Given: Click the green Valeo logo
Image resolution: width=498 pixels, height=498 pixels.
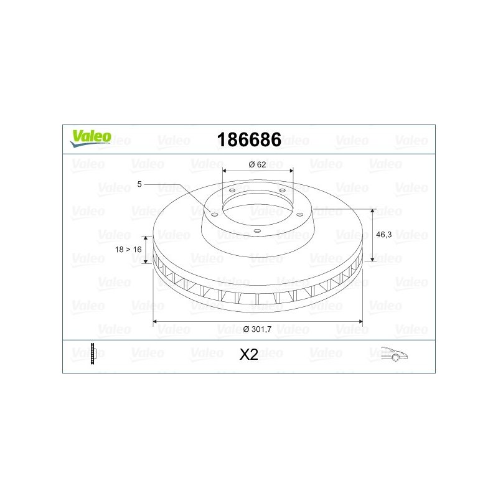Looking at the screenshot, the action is click(x=90, y=138).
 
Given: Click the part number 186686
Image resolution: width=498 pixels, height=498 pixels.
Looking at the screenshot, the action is click(x=249, y=139).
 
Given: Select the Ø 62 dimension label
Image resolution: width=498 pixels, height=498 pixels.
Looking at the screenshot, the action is click(x=257, y=164).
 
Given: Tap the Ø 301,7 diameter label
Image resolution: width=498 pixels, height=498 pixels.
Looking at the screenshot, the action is click(x=257, y=329).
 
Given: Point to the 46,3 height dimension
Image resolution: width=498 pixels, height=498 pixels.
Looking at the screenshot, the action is click(x=383, y=235).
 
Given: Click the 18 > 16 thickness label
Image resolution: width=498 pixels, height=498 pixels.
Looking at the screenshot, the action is click(x=128, y=250).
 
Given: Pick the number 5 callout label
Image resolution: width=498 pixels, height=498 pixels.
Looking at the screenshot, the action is click(x=139, y=184).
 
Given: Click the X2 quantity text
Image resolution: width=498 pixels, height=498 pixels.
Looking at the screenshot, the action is click(x=248, y=354).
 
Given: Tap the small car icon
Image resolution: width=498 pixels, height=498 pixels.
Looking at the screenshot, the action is click(x=394, y=354).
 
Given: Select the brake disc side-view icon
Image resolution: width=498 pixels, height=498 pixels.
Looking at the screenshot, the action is click(x=93, y=354).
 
